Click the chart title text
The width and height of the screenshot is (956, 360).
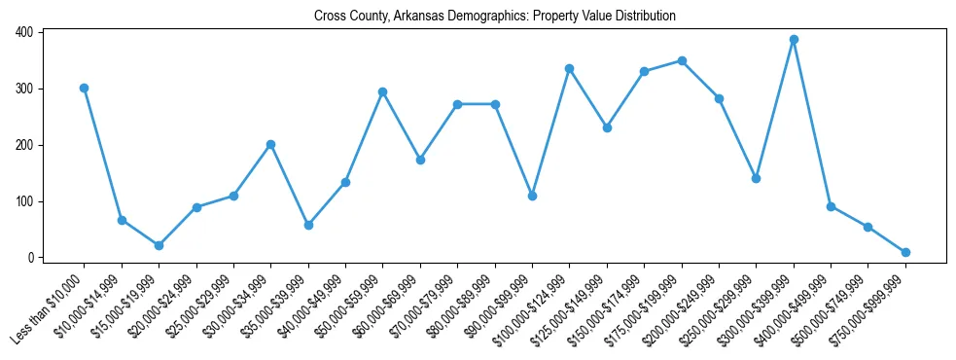pyautogui.click(x=494, y=16)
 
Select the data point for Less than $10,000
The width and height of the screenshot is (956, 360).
pyautogui.click(x=85, y=88)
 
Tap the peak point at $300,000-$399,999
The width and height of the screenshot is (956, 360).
pyautogui.click(x=794, y=40)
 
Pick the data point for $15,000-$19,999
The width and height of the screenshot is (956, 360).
pyautogui.click(x=159, y=245)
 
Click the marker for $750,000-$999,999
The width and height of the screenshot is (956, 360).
pyautogui.click(x=905, y=252)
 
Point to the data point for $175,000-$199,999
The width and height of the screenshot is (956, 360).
pyautogui.click(x=682, y=60)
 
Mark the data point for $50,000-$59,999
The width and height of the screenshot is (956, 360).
pyautogui.click(x=383, y=91)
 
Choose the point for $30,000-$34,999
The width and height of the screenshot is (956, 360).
pyautogui.click(x=270, y=144)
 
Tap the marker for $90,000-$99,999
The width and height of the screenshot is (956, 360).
pyautogui.click(x=532, y=196)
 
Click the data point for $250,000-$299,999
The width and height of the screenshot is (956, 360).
pyautogui.click(x=756, y=178)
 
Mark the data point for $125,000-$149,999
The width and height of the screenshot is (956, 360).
pyautogui.click(x=607, y=127)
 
